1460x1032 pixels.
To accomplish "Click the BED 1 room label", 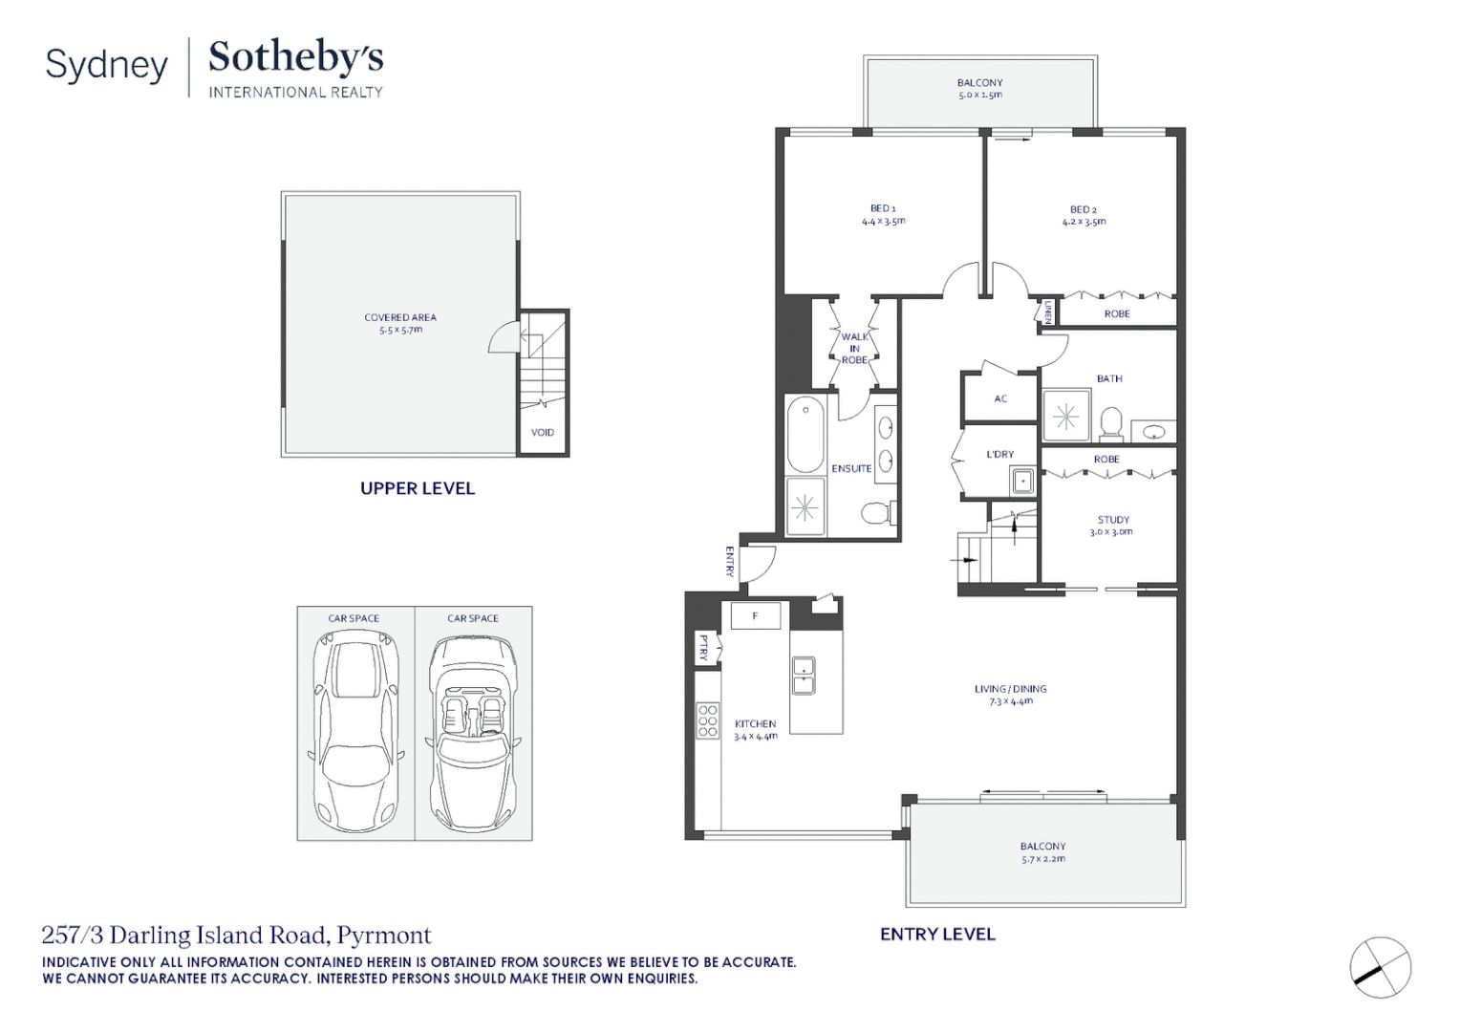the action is tap(883, 208).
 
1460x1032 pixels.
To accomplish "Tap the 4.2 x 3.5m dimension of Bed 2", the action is tap(1084, 222).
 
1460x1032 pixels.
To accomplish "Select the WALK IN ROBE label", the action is tap(854, 349).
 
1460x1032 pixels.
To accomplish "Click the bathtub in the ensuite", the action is tap(805, 434).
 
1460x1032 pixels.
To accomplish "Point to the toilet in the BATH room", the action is tap(1110, 423).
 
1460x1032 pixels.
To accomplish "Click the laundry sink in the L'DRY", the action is tap(1022, 481).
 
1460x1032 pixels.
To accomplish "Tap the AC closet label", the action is tap(1000, 399).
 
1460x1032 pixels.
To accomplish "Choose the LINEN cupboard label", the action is tap(1047, 312).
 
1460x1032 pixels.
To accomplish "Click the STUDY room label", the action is tap(1113, 520).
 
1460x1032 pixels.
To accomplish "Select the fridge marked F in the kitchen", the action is tap(756, 615).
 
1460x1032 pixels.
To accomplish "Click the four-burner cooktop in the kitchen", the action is tap(708, 720).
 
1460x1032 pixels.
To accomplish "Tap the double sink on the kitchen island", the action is tap(803, 676).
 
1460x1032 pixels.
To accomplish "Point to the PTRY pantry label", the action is tap(703, 647).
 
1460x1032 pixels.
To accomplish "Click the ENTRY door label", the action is tap(729, 562).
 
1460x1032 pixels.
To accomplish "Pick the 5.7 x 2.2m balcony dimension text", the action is tap(1043, 859).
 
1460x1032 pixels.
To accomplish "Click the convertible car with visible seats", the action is tap(474, 734).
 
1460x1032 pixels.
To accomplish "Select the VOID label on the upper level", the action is tap(543, 432).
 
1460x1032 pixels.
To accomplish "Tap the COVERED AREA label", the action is tap(400, 317).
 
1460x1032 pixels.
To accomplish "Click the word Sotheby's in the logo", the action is tap(296, 57).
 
